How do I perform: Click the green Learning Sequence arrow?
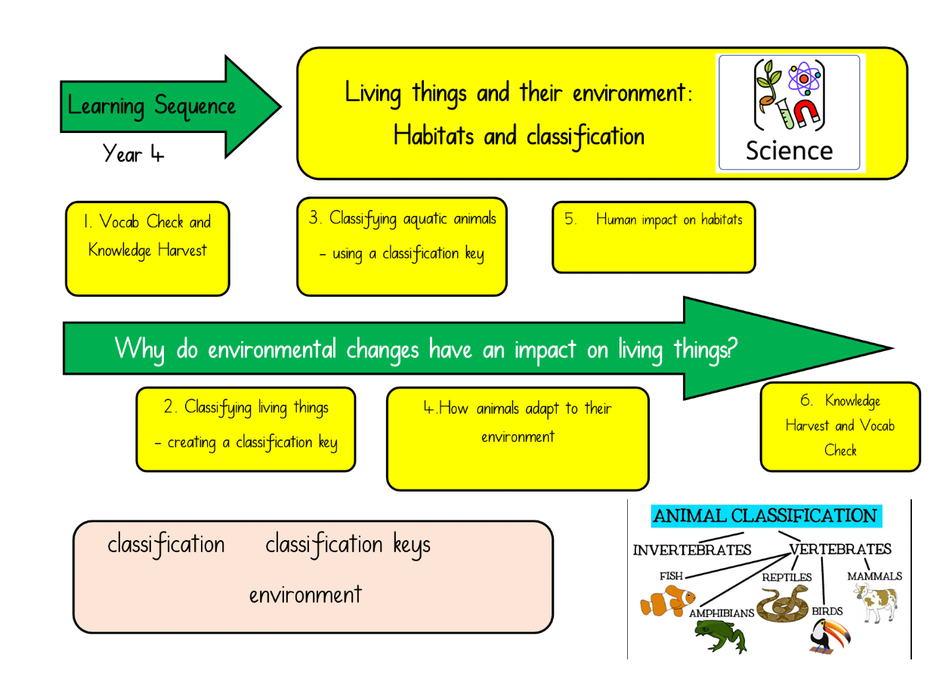[x=170, y=107]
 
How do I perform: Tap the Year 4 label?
[x=133, y=153]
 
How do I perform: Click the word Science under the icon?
[x=790, y=150]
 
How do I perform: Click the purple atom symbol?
[x=804, y=79]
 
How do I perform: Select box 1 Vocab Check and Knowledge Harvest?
[x=147, y=249]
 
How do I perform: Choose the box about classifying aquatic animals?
[x=402, y=247]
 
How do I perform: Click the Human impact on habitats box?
[x=654, y=237]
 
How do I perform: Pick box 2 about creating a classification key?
[x=246, y=429]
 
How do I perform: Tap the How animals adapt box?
[x=518, y=439]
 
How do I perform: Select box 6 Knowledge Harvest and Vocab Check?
[x=840, y=427]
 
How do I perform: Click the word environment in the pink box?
[x=305, y=595]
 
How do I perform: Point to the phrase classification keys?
[x=348, y=545]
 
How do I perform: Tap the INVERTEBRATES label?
[x=692, y=550]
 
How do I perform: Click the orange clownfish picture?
[x=667, y=600]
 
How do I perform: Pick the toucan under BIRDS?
[x=830, y=636]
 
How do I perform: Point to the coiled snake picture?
[x=782, y=604]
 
